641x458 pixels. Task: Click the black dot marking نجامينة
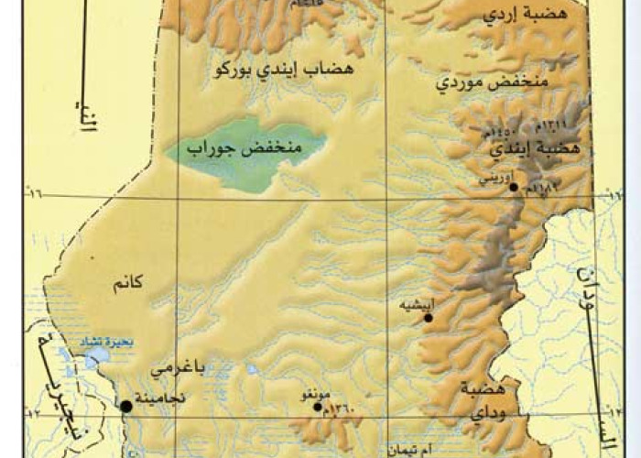[x=125, y=406]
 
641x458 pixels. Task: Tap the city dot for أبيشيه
[x=428, y=317]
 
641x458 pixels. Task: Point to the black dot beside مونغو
[x=318, y=407]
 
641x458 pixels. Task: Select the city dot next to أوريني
[x=514, y=187]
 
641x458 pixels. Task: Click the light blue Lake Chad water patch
[x=94, y=358]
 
